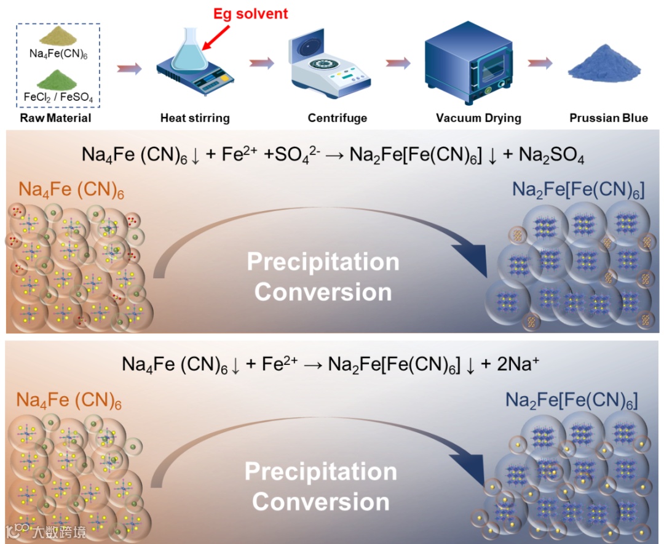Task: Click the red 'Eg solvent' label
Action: click(x=250, y=13)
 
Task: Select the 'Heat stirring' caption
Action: click(x=194, y=118)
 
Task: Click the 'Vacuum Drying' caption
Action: click(x=478, y=118)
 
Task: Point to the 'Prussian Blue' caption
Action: click(x=608, y=118)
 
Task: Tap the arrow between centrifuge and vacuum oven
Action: click(x=398, y=63)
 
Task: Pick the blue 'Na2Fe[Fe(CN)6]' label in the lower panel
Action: click(x=571, y=401)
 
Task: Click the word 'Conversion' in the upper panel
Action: click(x=323, y=292)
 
